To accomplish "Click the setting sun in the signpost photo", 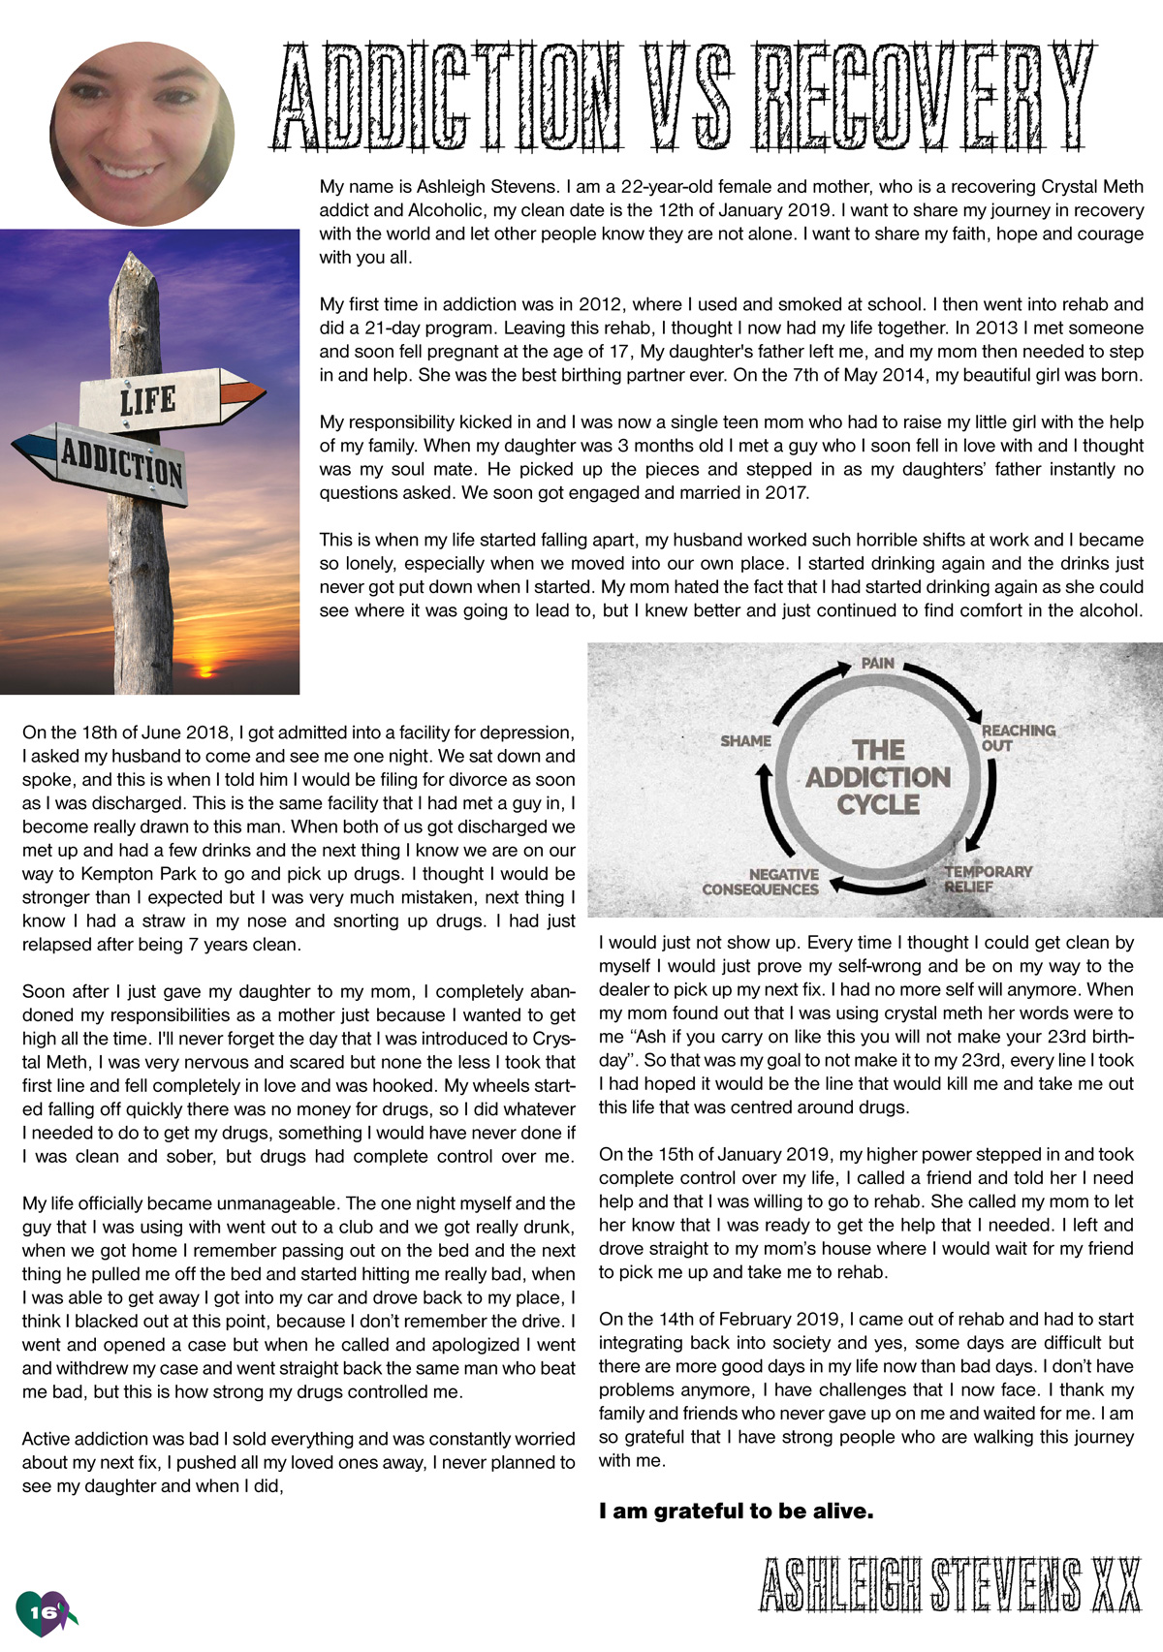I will (204, 667).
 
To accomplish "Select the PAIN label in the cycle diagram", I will (878, 664).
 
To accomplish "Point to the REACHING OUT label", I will (1018, 737).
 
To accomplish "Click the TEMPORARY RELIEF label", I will (988, 878).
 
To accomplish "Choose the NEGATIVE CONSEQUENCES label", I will (762, 882).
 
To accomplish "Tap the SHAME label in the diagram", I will (745, 741).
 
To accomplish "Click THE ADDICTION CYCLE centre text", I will (878, 777).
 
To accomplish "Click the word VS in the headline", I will (688, 96).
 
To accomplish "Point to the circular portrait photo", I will (141, 134).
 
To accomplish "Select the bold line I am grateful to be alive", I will (736, 1511).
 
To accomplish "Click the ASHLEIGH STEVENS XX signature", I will (950, 1585).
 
